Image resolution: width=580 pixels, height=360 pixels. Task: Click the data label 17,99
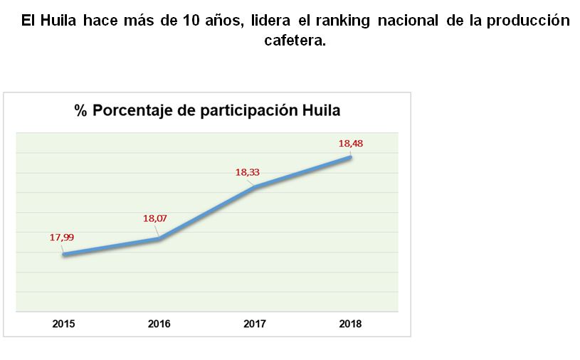61,237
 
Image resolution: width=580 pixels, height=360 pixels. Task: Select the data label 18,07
154,218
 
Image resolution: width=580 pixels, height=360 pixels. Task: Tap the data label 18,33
247,171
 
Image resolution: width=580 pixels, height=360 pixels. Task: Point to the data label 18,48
350,143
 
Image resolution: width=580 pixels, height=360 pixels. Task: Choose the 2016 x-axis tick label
159,324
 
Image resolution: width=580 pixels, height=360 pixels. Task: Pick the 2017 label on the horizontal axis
255,324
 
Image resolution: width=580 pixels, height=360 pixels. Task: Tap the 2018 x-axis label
350,324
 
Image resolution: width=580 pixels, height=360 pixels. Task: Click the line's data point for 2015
63,254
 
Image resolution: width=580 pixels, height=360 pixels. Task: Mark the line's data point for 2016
159,239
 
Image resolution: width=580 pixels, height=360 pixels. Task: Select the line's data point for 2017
255,187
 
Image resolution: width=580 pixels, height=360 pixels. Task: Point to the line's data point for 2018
350,157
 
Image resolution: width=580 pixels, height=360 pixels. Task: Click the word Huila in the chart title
320,111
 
